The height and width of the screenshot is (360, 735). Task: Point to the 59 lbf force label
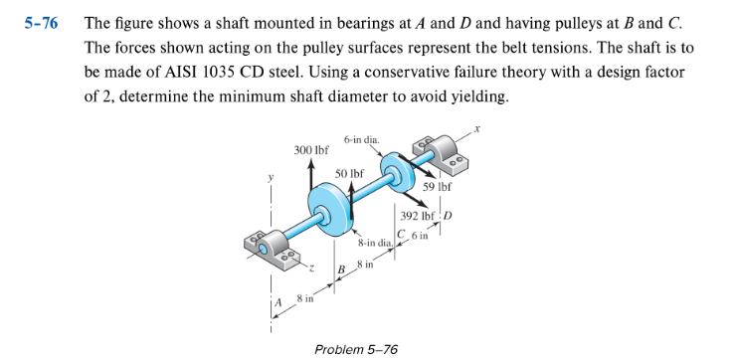click(438, 186)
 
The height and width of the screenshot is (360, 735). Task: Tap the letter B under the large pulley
click(340, 269)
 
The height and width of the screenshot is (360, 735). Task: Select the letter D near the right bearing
click(448, 217)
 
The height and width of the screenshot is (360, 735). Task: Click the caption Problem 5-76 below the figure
click(355, 349)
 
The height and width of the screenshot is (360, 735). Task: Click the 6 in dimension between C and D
click(422, 235)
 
